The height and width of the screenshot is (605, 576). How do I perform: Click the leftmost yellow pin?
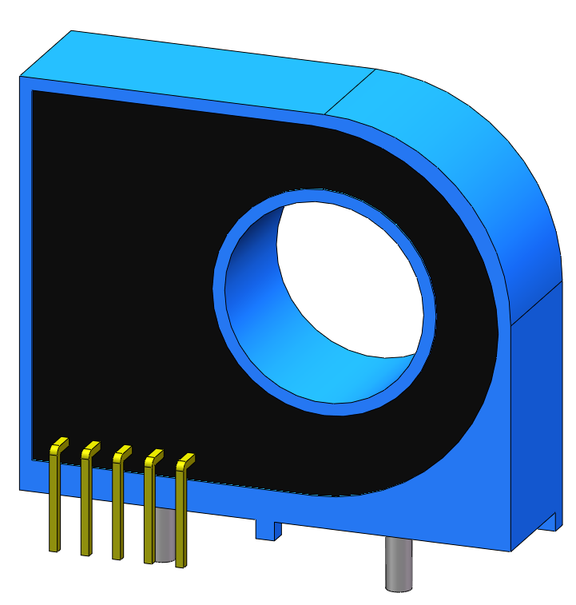pyautogui.click(x=54, y=504)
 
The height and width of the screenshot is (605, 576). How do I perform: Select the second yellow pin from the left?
pyautogui.click(x=85, y=507)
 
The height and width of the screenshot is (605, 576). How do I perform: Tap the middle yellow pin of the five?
pyautogui.click(x=117, y=511)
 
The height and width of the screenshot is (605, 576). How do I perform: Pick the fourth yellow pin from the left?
pyautogui.click(x=149, y=515)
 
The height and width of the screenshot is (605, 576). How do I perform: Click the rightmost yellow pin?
pyautogui.click(x=181, y=519)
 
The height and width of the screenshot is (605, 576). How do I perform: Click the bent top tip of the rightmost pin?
pyautogui.click(x=186, y=460)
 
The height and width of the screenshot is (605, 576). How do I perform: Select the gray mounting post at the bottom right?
pyautogui.click(x=397, y=564)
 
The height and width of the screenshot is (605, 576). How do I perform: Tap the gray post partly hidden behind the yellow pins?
pyautogui.click(x=165, y=535)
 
